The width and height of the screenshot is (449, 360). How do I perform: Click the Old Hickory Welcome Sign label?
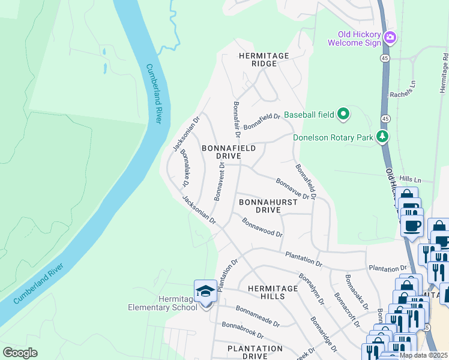355,38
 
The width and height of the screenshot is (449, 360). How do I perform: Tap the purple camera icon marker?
391,38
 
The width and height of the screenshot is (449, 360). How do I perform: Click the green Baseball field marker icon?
343,113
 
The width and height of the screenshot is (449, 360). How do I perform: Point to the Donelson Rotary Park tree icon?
382,137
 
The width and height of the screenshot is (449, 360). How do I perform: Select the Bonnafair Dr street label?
237,119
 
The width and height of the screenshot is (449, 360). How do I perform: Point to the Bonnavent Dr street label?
218,181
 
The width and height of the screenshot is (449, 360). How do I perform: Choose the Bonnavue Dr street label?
292,188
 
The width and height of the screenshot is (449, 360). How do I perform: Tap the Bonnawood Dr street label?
262,227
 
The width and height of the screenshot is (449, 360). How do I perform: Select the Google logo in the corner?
20,352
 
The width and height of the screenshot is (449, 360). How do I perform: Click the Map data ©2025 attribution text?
423,355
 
